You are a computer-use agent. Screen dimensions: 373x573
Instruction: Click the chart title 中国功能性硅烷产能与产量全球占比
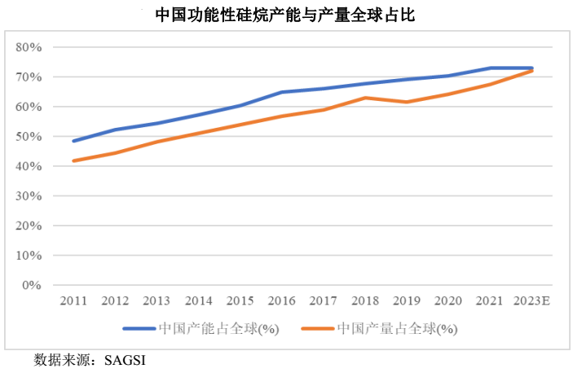pos(286,15)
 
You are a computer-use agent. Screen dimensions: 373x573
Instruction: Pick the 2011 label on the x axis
pos(73,301)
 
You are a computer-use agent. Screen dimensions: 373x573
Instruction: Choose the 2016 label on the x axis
pos(282,301)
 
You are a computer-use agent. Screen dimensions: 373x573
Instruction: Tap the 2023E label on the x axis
pos(532,301)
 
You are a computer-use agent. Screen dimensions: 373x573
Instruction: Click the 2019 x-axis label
pos(407,301)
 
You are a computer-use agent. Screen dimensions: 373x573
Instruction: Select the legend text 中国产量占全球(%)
pos(397,329)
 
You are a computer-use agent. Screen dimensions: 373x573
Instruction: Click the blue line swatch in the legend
pos(139,329)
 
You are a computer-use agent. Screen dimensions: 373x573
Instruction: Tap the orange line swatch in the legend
pos(317,329)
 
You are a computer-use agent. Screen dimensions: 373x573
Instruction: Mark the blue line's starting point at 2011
pos(73,141)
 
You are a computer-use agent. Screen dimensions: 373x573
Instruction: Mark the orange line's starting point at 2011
pos(73,160)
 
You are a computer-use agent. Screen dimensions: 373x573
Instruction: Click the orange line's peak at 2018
pos(365,98)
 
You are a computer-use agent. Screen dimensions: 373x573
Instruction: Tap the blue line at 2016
pos(282,92)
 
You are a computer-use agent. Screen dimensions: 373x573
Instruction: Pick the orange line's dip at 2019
pos(407,102)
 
